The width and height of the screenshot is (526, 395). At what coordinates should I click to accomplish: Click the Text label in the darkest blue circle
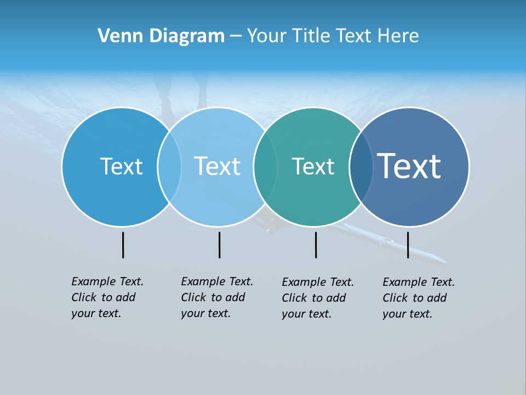[x=409, y=166]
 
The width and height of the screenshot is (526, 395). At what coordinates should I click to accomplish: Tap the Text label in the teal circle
[x=313, y=166]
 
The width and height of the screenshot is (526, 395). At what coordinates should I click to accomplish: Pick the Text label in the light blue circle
[x=217, y=166]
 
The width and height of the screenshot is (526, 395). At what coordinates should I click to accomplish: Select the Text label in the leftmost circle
[x=121, y=166]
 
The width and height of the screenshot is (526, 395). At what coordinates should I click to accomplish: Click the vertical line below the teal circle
[x=316, y=245]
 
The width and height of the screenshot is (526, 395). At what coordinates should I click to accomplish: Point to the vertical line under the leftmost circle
[x=123, y=245]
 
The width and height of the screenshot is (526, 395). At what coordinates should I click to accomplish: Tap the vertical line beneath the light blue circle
[x=219, y=245]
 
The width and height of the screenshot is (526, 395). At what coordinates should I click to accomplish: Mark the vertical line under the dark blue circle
[x=408, y=245]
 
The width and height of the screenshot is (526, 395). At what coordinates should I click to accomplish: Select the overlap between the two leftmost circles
[x=169, y=166]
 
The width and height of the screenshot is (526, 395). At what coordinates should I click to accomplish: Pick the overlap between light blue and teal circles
[x=265, y=166]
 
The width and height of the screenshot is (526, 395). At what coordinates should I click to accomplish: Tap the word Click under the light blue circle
[x=193, y=297]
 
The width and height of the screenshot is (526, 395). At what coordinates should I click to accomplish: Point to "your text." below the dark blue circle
[x=407, y=314]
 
